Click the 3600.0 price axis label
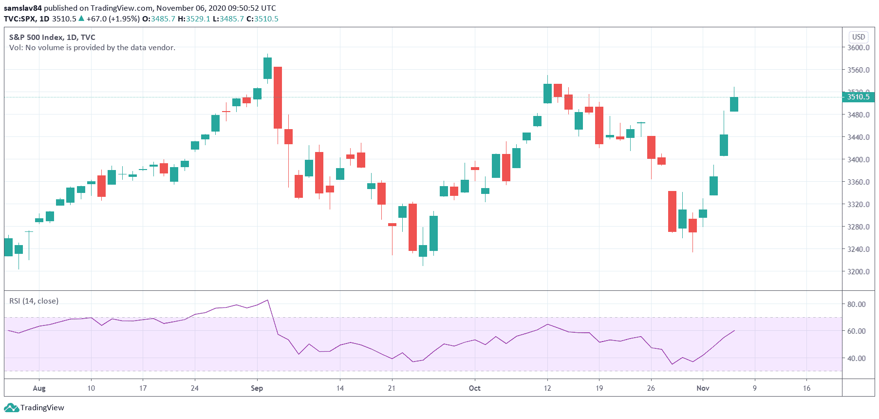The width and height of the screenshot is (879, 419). tap(858, 48)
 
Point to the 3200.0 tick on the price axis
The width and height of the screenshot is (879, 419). tap(858, 272)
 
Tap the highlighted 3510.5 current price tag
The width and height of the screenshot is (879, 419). tap(858, 97)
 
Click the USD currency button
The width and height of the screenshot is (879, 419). tap(858, 37)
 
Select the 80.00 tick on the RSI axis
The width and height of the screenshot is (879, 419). tap(856, 305)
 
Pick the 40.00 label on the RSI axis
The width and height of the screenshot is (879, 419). tap(856, 359)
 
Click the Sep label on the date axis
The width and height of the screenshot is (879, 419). tap(257, 388)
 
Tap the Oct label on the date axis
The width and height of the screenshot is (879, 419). tap(474, 388)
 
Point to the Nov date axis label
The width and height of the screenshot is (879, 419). tap(703, 388)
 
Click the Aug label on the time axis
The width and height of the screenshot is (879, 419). tap(39, 388)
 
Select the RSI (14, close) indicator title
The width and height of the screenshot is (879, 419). tap(34, 301)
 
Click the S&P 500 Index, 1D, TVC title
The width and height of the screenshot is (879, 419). tap(52, 38)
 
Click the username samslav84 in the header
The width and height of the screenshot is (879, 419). tap(22, 8)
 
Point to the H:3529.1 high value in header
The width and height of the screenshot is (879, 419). tap(194, 19)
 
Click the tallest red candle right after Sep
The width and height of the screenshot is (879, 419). tap(278, 97)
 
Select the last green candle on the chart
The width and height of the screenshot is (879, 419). tap(734, 104)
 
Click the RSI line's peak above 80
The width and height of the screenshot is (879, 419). tap(267, 300)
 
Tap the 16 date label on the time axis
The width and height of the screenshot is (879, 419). tap(806, 388)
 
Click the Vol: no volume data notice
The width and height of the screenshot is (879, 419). tap(92, 48)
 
